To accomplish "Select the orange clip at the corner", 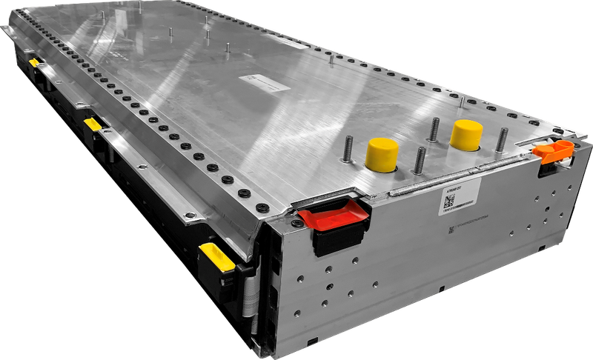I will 554,151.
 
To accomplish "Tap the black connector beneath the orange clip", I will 547,167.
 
